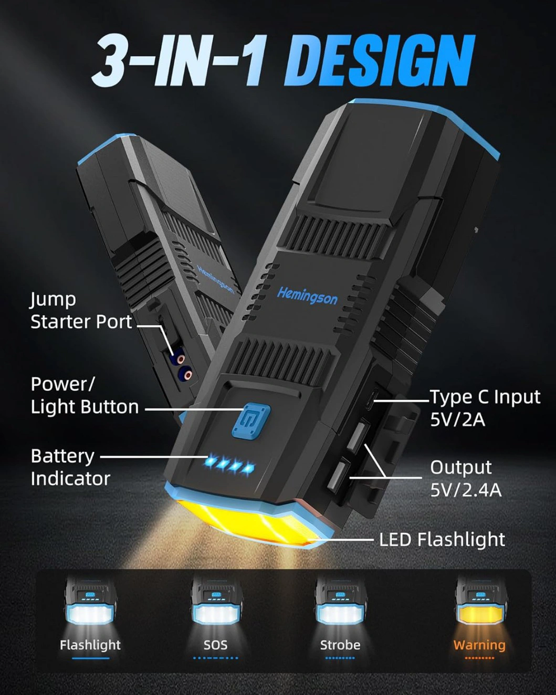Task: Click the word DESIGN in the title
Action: click(379, 61)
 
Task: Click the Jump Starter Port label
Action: click(81, 310)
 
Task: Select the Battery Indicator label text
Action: click(70, 467)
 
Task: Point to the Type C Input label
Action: click(485, 408)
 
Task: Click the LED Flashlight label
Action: click(442, 539)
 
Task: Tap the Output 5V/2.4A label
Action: click(466, 479)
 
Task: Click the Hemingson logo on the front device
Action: click(307, 296)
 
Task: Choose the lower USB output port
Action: click(338, 474)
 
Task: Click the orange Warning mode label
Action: click(479, 645)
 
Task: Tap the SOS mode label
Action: click(215, 645)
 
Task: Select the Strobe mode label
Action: click(340, 645)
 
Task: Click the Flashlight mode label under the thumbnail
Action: click(90, 645)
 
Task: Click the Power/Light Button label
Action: click(85, 395)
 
